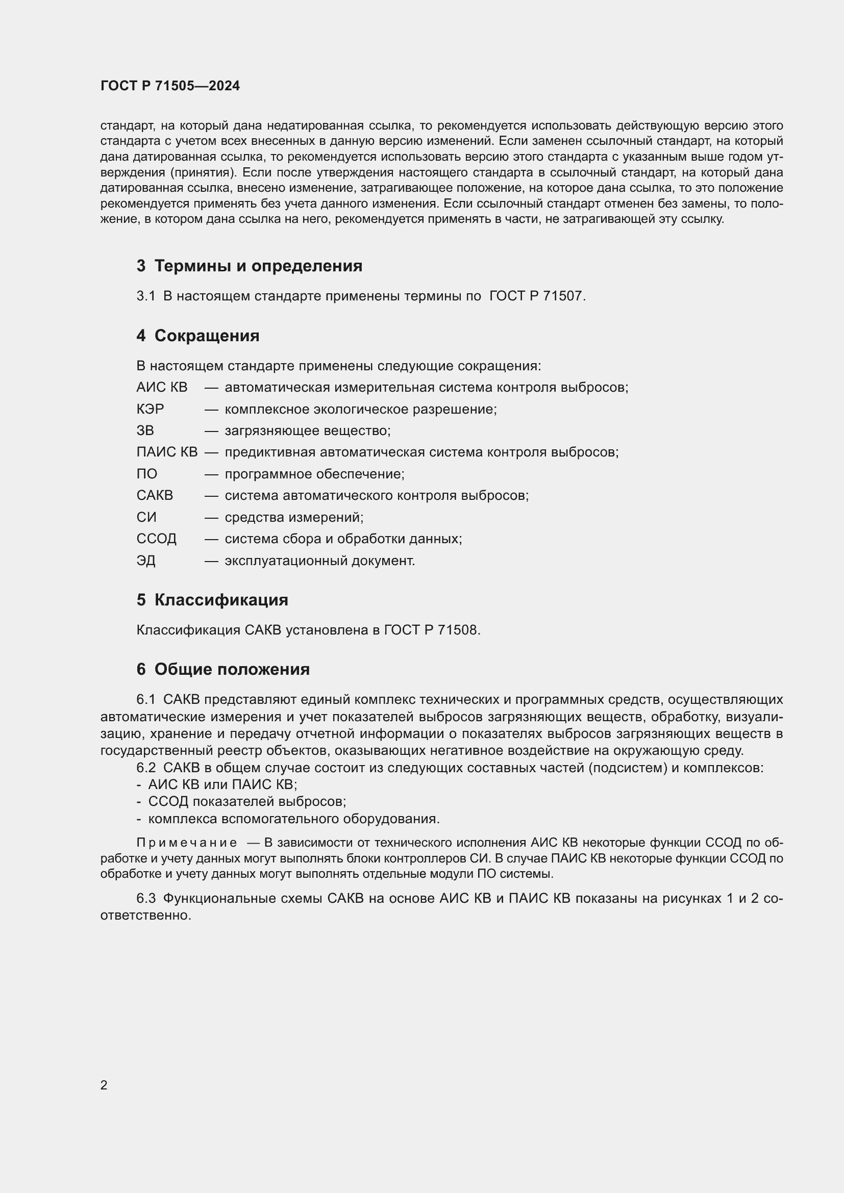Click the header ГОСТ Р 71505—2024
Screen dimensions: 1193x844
click(170, 86)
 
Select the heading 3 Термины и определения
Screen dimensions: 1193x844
click(250, 266)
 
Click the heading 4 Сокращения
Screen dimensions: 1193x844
click(198, 336)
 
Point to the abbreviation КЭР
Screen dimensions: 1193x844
click(150, 410)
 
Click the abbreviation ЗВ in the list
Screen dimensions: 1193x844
click(145, 431)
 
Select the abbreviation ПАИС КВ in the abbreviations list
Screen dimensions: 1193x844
click(167, 452)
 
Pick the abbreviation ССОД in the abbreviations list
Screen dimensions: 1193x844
click(157, 539)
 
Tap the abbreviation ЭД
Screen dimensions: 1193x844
click(146, 561)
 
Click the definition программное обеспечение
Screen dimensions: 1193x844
click(314, 474)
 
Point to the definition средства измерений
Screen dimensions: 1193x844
click(293, 518)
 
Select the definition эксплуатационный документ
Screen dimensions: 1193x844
click(319, 561)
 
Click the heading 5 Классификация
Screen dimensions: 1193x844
click(212, 600)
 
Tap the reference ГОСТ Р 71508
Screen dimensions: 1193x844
click(432, 630)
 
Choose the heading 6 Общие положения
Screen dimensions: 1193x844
click(223, 669)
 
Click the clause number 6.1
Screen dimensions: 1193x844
click(146, 700)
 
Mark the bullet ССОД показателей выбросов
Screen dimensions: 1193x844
click(247, 802)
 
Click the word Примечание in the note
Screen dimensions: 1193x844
click(187, 843)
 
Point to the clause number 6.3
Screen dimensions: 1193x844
click(146, 898)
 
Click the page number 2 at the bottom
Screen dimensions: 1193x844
click(104, 1085)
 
